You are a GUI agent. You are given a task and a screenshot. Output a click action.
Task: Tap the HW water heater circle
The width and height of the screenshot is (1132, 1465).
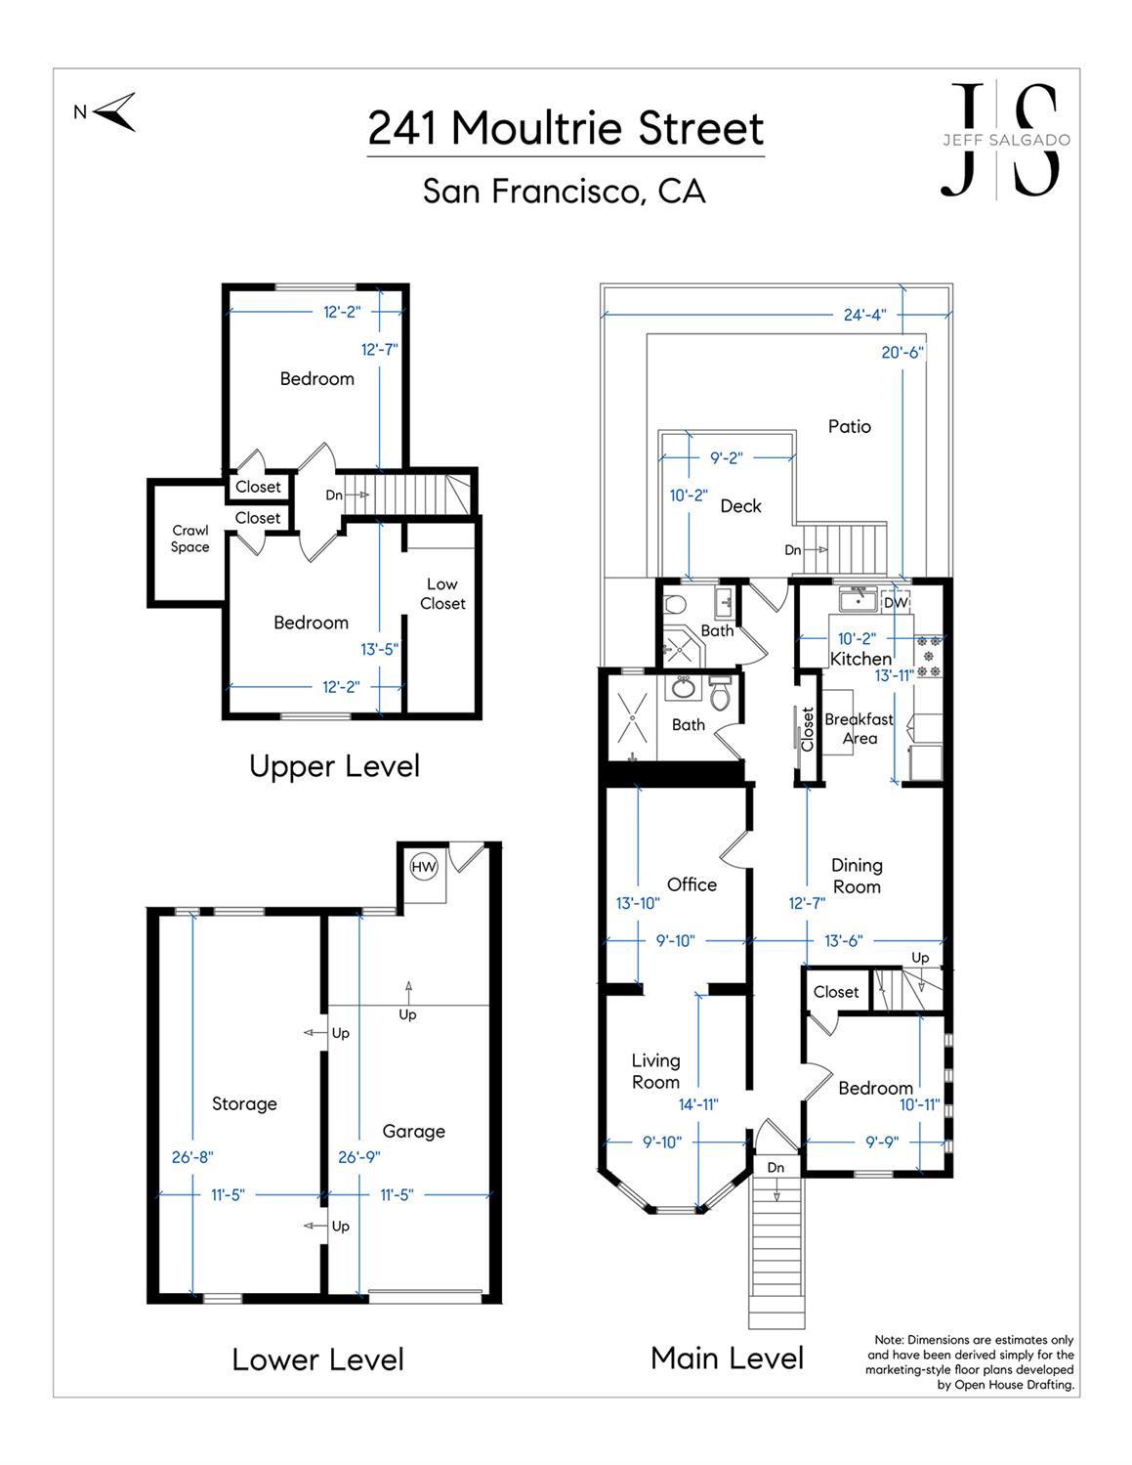[424, 867]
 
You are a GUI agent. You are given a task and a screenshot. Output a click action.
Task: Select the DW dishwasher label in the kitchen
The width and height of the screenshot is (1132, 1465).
[896, 602]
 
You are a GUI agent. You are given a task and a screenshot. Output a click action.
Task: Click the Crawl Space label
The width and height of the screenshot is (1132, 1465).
[190, 539]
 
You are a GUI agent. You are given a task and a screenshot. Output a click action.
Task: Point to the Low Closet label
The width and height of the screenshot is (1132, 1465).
[442, 594]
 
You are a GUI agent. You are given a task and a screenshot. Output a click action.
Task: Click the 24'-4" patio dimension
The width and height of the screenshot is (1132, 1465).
[864, 314]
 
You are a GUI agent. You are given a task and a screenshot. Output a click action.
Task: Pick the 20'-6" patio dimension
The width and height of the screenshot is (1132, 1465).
[902, 352]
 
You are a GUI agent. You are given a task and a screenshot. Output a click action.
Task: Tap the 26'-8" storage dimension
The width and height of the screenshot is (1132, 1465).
[192, 1157]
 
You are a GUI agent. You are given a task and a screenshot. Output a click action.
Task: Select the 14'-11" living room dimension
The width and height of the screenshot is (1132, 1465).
[698, 1104]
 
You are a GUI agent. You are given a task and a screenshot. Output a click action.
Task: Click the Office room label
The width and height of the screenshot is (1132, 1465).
[692, 884]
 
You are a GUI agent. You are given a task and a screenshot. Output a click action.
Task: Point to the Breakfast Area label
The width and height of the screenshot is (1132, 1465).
[859, 729]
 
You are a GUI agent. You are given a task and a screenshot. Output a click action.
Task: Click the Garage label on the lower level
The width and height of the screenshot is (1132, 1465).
[414, 1132]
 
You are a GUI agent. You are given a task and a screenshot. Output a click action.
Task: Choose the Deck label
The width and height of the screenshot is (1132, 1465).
[740, 506]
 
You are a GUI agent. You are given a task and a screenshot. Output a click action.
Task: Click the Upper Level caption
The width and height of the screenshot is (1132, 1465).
[335, 766]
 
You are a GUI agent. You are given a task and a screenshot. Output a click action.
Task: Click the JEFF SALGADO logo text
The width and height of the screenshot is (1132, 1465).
[1006, 140]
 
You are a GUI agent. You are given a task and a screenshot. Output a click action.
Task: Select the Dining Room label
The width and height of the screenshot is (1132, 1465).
[858, 876]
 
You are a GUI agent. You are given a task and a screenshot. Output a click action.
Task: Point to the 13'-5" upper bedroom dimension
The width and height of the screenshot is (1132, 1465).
[379, 649]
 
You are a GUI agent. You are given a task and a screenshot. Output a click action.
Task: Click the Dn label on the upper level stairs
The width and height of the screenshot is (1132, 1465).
[334, 495]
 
